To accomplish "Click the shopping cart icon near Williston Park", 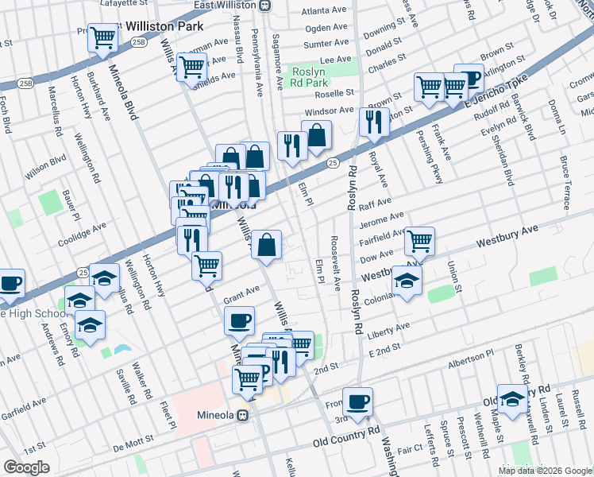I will pyautogui.click(x=103, y=37).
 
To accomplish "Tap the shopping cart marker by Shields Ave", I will pyautogui.click(x=191, y=68).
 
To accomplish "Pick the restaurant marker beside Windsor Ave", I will pyautogui.click(x=371, y=122).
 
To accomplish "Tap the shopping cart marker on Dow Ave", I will pyautogui.click(x=419, y=241).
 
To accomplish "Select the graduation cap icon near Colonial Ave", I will pyautogui.click(x=407, y=281).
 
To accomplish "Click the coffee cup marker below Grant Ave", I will pyautogui.click(x=239, y=322).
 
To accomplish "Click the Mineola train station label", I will pyautogui.click(x=218, y=414).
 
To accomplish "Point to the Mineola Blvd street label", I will pyautogui.click(x=124, y=91).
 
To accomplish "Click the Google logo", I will pyautogui.click(x=26, y=467).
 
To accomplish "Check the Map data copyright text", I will pyautogui.click(x=544, y=471).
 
